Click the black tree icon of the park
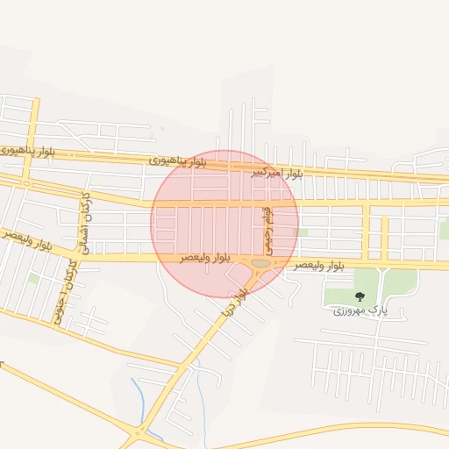click(x=360, y=296)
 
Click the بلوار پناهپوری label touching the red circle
click(x=179, y=161)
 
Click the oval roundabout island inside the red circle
click(x=260, y=262)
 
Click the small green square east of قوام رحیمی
click(x=302, y=232)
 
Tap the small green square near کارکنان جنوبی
click(x=34, y=278)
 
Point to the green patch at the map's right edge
click(x=444, y=229)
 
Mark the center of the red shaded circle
click(x=224, y=224)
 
